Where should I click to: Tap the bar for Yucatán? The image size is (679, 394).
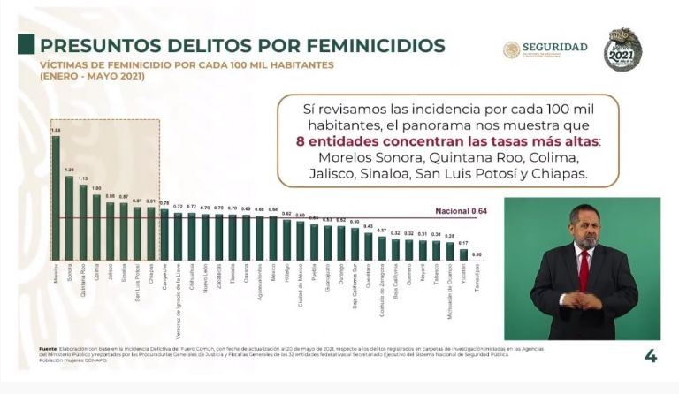point(464,254)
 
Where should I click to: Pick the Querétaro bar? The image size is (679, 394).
point(369,246)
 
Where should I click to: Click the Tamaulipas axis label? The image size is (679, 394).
point(478,280)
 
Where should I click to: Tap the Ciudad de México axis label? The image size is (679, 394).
point(301,284)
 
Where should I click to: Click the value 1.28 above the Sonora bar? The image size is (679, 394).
point(69,170)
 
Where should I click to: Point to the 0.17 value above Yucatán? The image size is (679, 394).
point(464,243)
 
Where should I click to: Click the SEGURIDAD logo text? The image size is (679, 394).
point(554,47)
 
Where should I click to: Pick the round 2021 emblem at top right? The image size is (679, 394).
point(622,49)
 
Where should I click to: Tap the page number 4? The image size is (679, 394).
point(650,356)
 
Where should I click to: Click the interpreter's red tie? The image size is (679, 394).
point(584,269)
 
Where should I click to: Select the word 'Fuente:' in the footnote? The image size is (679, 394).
point(49,349)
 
